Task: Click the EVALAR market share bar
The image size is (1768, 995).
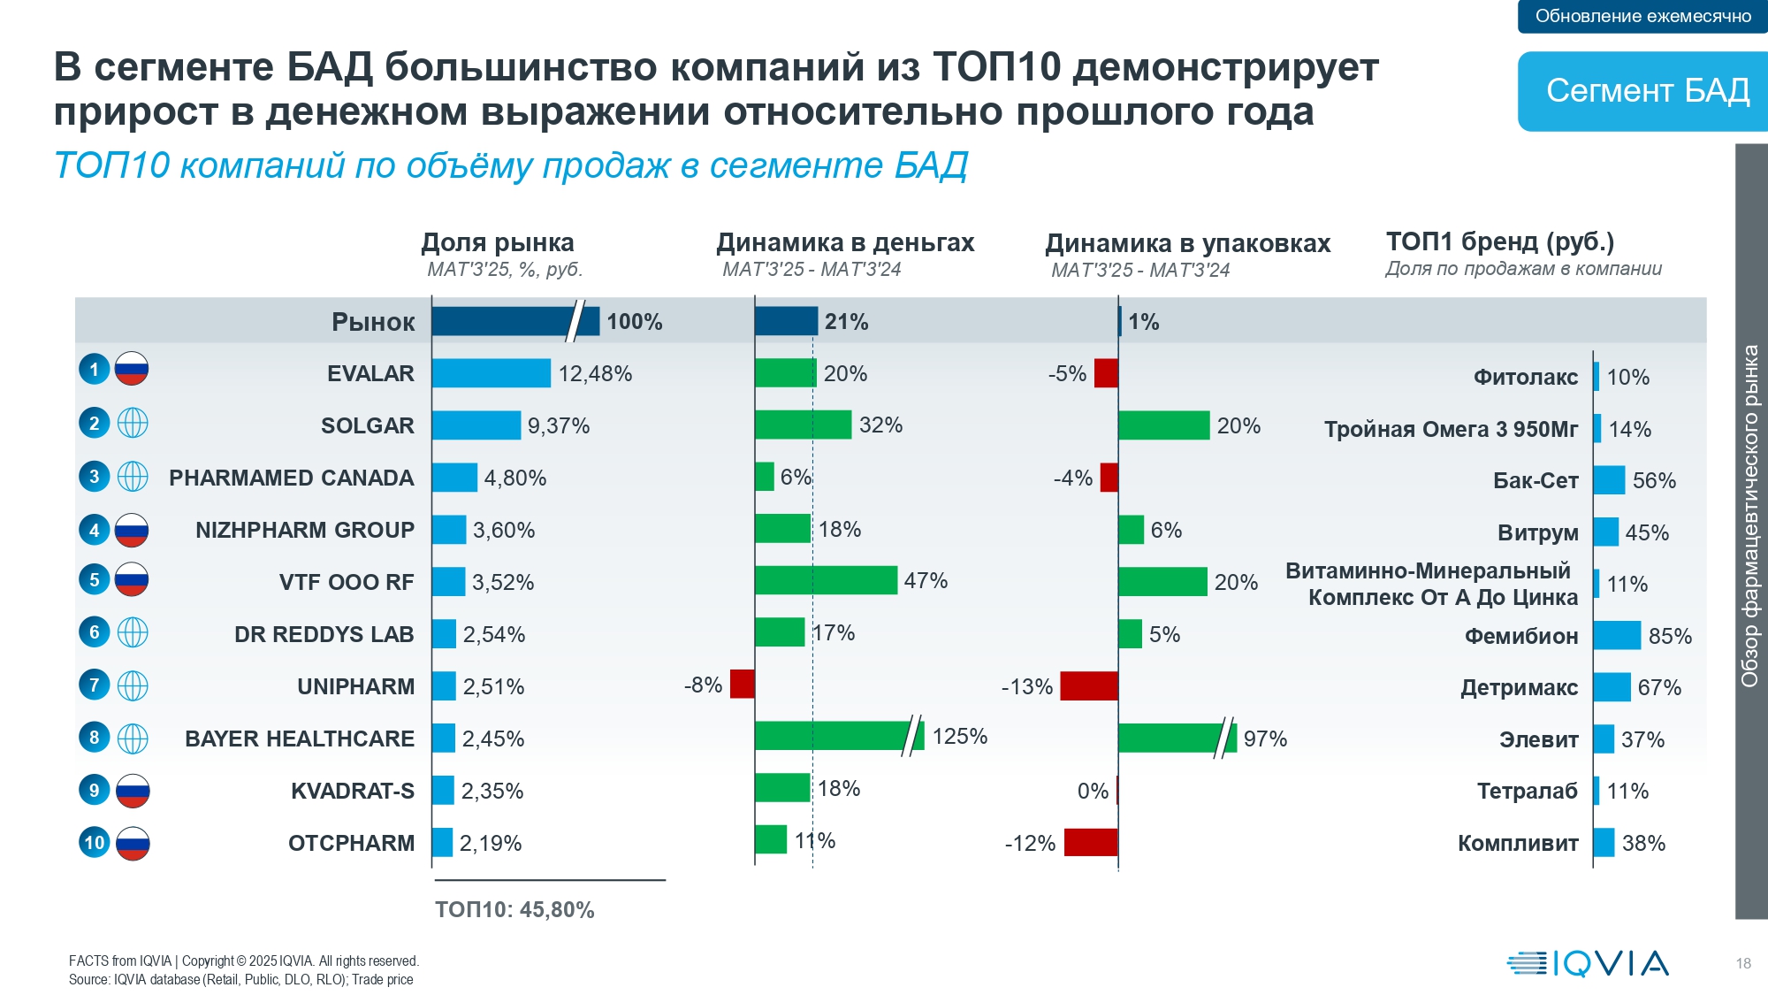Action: click(491, 373)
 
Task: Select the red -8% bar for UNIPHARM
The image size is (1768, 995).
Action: click(742, 684)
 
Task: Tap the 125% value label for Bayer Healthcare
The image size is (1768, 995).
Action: click(959, 736)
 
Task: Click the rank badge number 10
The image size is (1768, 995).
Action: click(95, 842)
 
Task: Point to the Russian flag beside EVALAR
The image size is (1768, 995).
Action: click(132, 369)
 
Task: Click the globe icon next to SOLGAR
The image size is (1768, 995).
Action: click(133, 424)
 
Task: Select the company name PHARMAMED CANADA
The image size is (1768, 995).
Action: click(291, 478)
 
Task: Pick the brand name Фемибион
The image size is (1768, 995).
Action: click(1520, 636)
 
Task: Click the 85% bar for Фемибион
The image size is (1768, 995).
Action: click(1617, 635)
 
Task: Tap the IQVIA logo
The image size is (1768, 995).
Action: click(1588, 963)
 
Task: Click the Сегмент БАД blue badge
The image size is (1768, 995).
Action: click(1646, 91)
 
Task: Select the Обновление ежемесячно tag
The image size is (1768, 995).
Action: click(1642, 16)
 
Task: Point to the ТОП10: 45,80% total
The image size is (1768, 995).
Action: click(514, 909)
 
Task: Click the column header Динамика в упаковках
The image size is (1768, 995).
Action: click(1187, 243)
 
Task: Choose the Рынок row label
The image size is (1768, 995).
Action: click(373, 322)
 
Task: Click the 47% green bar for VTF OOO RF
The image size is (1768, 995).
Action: click(826, 580)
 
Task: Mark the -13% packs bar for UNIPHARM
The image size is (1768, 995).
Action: click(1088, 685)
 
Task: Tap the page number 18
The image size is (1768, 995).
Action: click(1742, 963)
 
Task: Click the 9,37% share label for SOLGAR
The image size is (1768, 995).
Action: click(559, 425)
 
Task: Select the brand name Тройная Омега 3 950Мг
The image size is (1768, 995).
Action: click(1450, 429)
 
